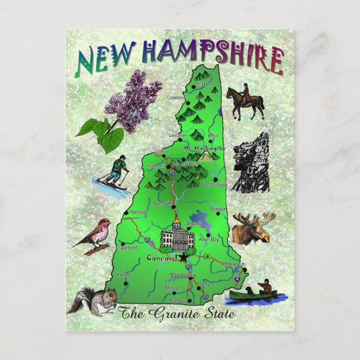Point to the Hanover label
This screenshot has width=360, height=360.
[x=138, y=212]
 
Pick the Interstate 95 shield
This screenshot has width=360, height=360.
[x=238, y=276]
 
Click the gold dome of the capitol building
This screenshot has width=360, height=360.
[x=178, y=224]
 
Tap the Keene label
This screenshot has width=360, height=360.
[x=123, y=274]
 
